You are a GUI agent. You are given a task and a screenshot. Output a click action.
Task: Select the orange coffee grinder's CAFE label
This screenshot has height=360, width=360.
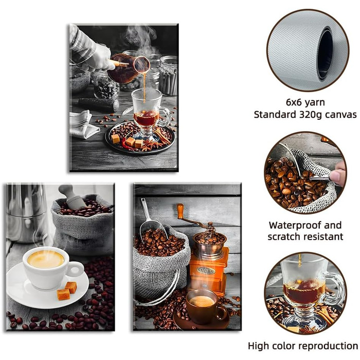pyautogui.click(x=206, y=271)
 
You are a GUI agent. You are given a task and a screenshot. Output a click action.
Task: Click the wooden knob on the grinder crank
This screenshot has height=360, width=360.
pyautogui.click(x=180, y=211)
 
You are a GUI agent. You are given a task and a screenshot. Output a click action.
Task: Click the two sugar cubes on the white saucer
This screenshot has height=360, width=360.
pyautogui.click(x=67, y=291)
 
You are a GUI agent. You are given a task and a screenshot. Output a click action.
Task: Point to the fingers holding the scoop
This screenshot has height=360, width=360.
pyautogui.click(x=337, y=173)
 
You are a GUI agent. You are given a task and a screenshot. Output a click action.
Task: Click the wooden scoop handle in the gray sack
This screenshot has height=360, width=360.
pyautogui.click(x=71, y=197)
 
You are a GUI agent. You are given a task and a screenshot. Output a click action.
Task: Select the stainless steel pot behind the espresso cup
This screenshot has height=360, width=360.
pyautogui.click(x=26, y=213)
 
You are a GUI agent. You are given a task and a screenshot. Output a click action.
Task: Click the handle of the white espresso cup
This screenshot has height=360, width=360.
pyautogui.click(x=77, y=268)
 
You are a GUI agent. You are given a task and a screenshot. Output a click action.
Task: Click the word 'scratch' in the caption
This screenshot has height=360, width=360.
pyautogui.click(x=283, y=237)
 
